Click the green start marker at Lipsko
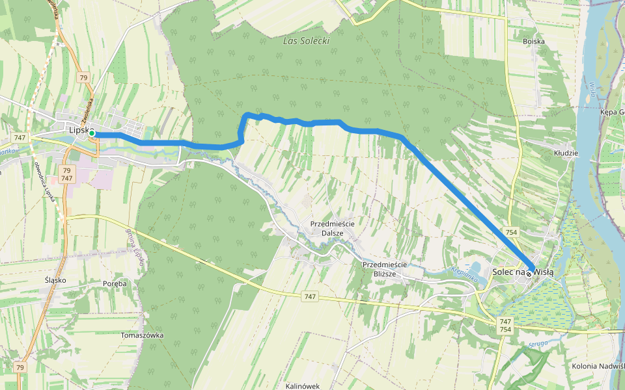(x=92, y=133)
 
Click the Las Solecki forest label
(x=306, y=41)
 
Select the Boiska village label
(x=533, y=41)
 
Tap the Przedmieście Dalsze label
(x=332, y=228)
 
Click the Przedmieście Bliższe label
(x=384, y=269)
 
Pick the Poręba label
(x=115, y=283)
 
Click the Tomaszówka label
(x=142, y=335)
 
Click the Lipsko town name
(x=78, y=130)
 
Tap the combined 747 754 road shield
(x=505, y=326)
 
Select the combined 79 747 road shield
(x=66, y=174)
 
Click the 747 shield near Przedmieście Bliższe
(x=310, y=296)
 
